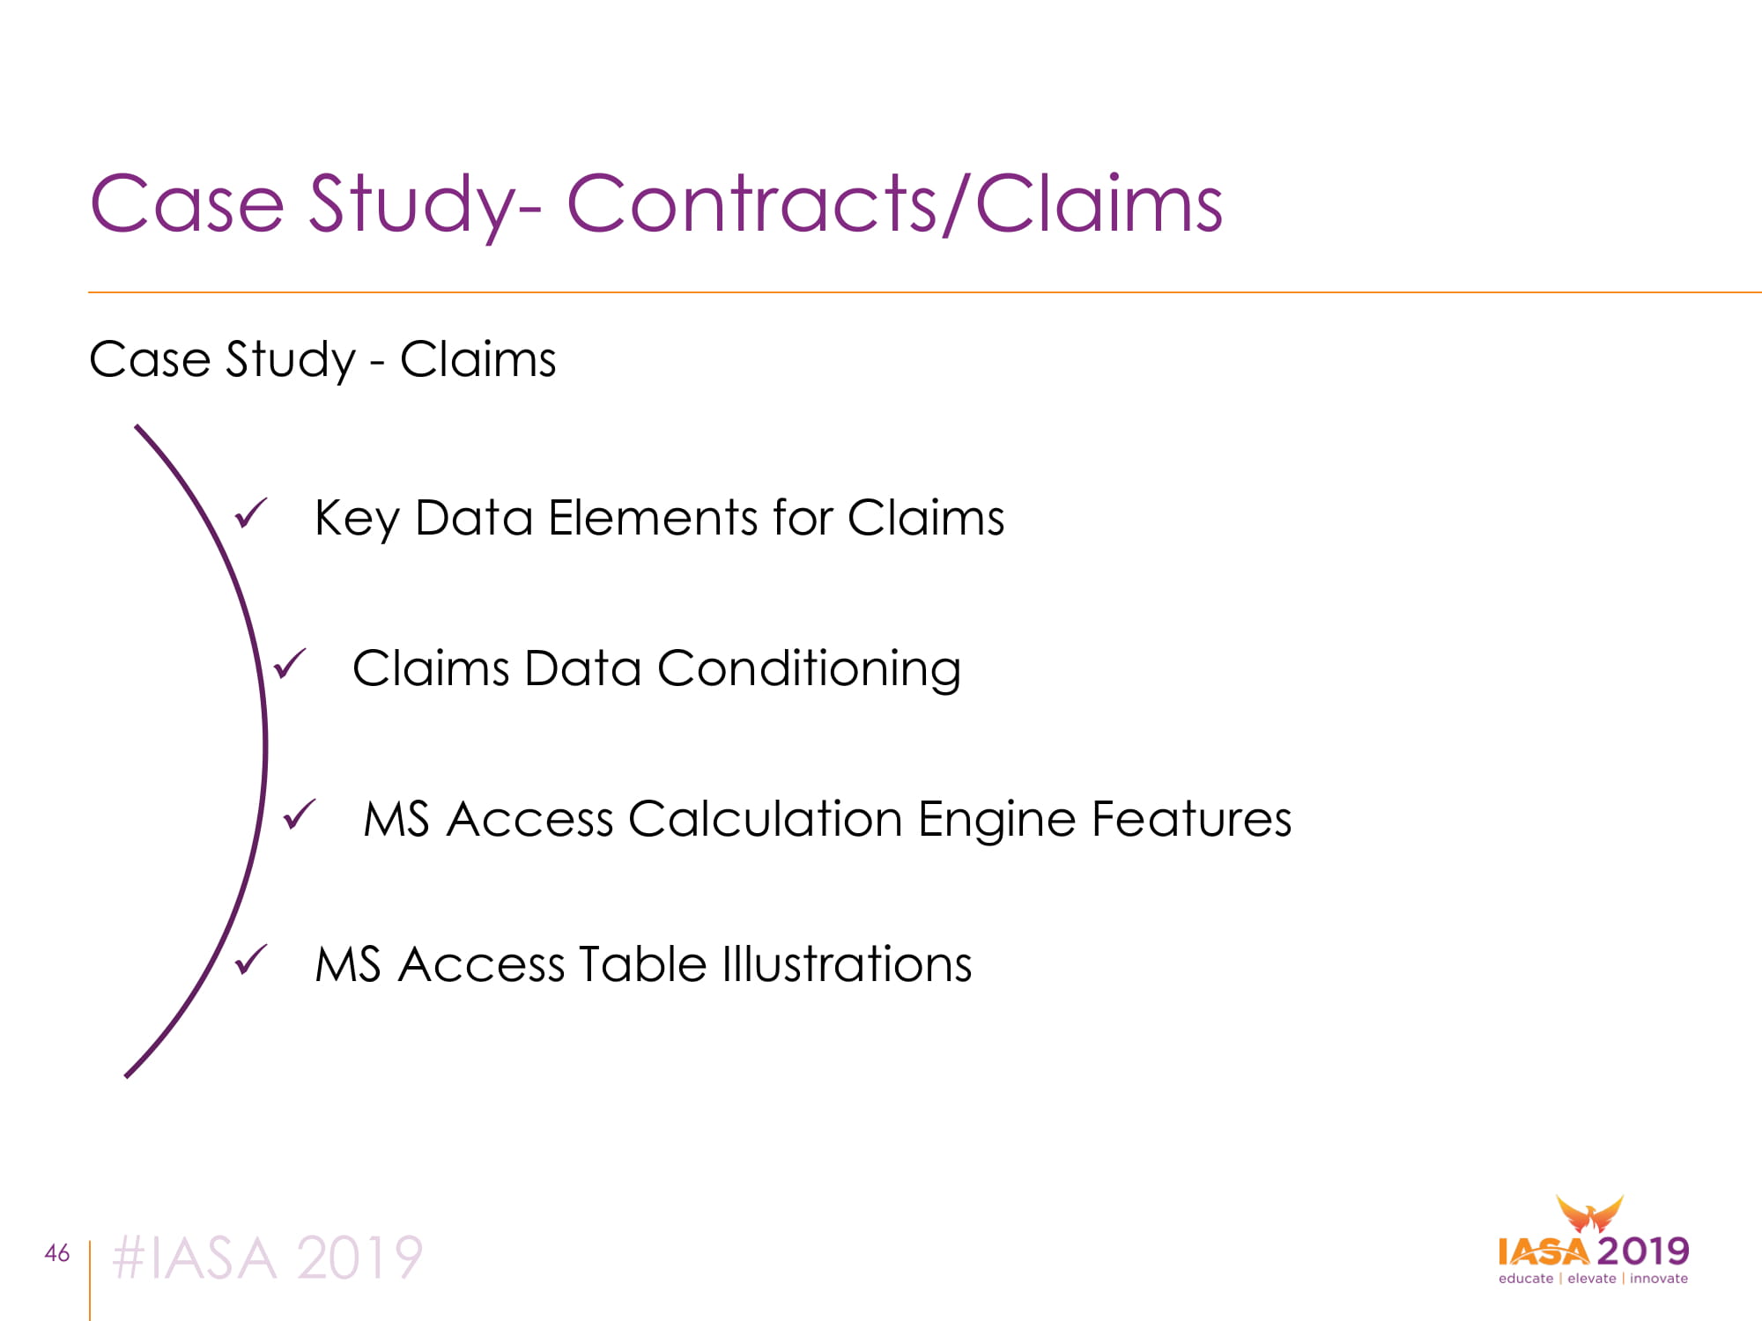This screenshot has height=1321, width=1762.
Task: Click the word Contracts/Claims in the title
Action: pyautogui.click(x=894, y=203)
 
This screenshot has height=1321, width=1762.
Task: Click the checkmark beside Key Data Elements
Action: pyautogui.click(x=251, y=513)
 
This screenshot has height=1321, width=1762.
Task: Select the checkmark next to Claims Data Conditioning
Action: pyautogui.click(x=290, y=664)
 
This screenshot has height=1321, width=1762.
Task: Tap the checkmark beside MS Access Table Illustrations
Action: pyautogui.click(x=251, y=960)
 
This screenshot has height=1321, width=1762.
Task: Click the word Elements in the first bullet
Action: pyautogui.click(x=653, y=518)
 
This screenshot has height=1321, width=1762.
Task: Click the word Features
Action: pyautogui.click(x=1191, y=819)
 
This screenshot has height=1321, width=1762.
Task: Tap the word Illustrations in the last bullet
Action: pyautogui.click(x=847, y=964)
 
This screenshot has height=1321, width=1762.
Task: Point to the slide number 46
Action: pyautogui.click(x=57, y=1253)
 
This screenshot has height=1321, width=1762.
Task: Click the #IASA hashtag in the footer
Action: pyautogui.click(x=194, y=1258)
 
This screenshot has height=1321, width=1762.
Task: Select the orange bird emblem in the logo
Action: pyautogui.click(x=1589, y=1214)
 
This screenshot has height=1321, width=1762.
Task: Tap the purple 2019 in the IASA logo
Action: pyautogui.click(x=1643, y=1251)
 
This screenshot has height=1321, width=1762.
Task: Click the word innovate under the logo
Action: pyautogui.click(x=1659, y=1279)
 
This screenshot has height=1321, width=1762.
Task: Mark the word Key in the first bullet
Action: pyautogui.click(x=357, y=520)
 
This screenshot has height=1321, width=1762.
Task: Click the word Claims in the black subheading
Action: pyautogui.click(x=478, y=360)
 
